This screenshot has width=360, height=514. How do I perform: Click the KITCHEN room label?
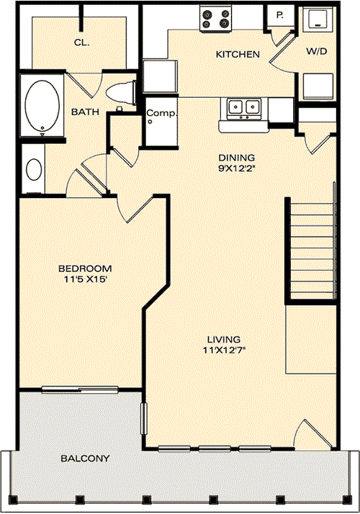[238, 54]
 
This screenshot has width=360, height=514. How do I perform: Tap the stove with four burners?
[215, 19]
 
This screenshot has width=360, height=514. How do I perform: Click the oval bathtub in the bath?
[42, 106]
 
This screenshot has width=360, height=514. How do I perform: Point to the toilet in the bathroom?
[121, 93]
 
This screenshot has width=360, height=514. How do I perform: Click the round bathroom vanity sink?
[34, 169]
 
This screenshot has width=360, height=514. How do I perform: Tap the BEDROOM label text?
[85, 269]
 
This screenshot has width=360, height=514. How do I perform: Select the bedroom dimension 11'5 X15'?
[83, 279]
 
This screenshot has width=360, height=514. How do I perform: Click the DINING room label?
[237, 158]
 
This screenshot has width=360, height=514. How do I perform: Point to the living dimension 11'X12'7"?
[224, 351]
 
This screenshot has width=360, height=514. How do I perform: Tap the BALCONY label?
[85, 458]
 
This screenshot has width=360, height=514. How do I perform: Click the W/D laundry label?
[316, 51]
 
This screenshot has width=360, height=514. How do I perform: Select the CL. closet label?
[81, 42]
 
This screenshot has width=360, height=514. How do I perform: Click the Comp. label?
[161, 113]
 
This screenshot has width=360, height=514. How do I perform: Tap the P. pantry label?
[279, 14]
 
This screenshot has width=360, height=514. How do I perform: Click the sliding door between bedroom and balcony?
[80, 389]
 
